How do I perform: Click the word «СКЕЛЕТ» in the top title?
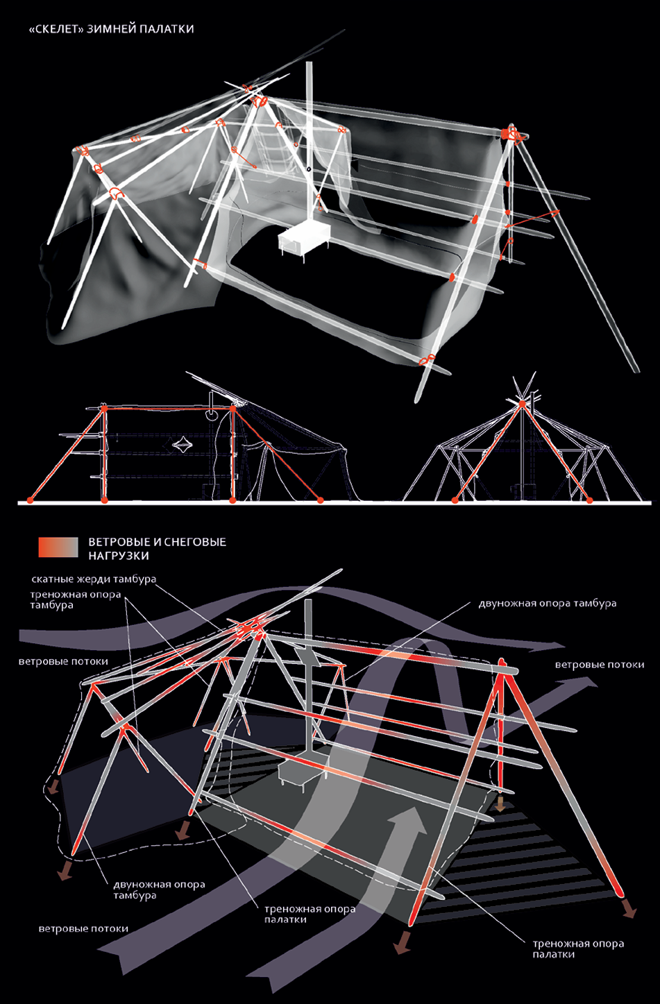coord(59,29)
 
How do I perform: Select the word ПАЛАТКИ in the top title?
coord(169,29)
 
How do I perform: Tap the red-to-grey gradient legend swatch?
coord(58,547)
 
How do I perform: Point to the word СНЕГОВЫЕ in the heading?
coord(195,542)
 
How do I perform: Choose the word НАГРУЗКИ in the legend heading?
coord(119,555)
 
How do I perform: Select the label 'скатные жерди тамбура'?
coord(94,579)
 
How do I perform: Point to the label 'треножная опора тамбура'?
coord(76,599)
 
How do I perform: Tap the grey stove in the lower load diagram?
coord(301,772)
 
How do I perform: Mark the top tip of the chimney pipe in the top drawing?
coord(310,64)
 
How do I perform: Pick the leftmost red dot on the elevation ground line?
coord(30,500)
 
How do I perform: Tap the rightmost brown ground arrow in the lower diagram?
coord(629,908)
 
